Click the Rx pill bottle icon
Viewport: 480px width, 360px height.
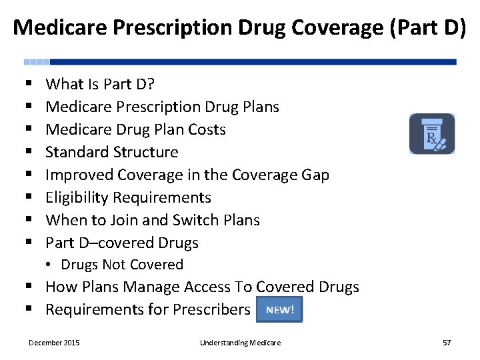coord(432,134)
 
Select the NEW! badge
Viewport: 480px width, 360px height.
coord(279,309)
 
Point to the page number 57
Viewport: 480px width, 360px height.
coord(447,343)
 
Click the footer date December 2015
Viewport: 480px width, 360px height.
coord(54,343)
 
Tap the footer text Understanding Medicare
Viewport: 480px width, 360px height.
coord(240,343)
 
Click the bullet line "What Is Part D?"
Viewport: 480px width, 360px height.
coord(100,84)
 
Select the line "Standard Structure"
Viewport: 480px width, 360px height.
coord(111,152)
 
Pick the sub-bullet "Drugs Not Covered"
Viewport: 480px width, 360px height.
coord(121,265)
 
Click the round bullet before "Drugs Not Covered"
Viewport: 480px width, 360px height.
coord(51,265)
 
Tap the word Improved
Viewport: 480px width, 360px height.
coord(79,175)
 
